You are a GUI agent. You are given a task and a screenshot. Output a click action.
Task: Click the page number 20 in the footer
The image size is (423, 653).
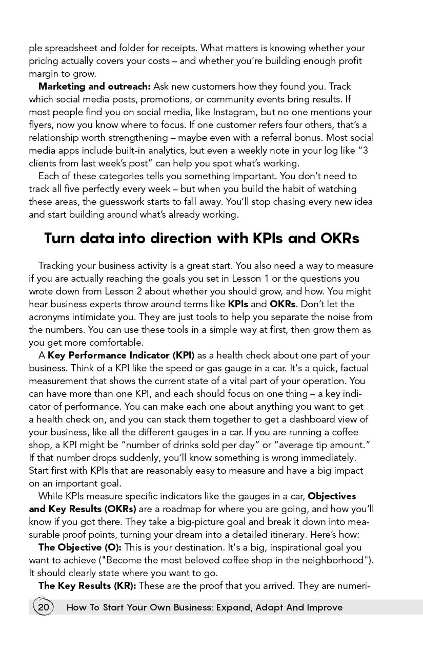point(43,607)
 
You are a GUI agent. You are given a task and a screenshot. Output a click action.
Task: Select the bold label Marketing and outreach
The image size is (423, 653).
point(94,87)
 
